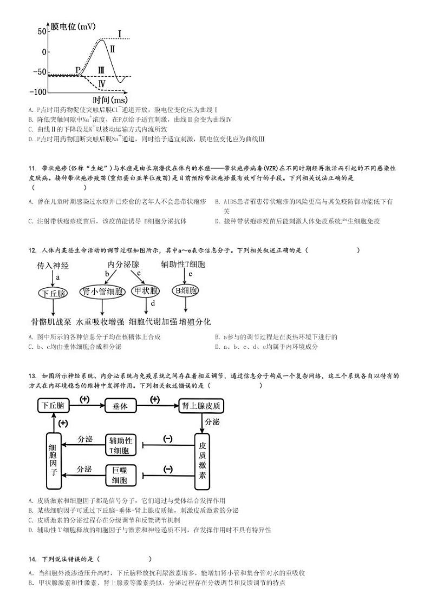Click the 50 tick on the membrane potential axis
(x=41, y=32)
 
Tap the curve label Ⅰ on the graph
(x=120, y=34)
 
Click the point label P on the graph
(x=78, y=70)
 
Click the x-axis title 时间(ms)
(x=110, y=100)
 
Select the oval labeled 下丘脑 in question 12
(x=53, y=293)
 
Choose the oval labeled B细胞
(x=185, y=290)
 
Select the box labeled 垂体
(x=120, y=406)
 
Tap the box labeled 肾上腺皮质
(x=201, y=406)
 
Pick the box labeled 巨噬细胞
(x=120, y=475)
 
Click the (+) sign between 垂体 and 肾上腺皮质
(x=154, y=399)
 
